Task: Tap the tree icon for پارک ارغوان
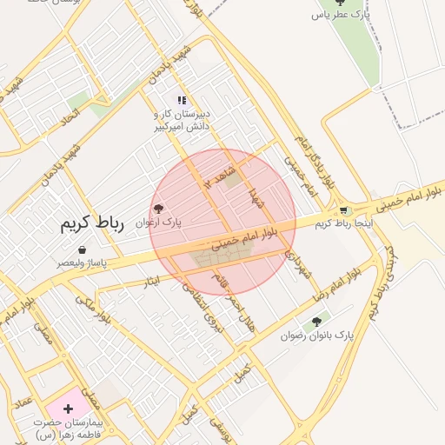point(158,209)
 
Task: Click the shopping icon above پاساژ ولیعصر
point(82,249)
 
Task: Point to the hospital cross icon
point(69,408)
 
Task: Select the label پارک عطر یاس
point(342,15)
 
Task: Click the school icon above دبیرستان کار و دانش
point(182,100)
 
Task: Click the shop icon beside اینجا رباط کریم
point(344,210)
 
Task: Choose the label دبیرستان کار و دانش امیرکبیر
point(183,121)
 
